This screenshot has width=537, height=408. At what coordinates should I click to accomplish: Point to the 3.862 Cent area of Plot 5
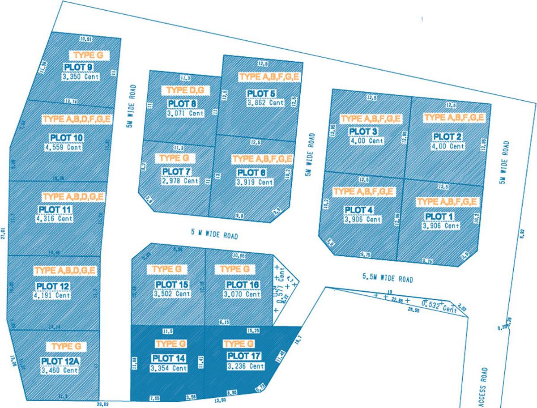[x=265, y=102]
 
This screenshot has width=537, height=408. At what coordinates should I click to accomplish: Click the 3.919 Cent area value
[x=254, y=182]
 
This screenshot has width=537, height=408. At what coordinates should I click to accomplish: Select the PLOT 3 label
[x=363, y=132]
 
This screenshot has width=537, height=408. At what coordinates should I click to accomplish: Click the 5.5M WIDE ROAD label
[x=388, y=278]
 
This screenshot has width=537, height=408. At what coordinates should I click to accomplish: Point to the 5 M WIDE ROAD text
[x=213, y=234]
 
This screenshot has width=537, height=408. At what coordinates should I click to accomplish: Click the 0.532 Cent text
[x=440, y=307]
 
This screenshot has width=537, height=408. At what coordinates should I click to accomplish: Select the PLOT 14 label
[x=169, y=358]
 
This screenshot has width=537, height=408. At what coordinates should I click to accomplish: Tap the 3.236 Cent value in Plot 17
[x=245, y=366]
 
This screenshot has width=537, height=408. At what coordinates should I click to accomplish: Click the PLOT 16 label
[x=242, y=285]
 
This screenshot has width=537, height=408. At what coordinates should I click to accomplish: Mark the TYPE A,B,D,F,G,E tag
[x=77, y=119]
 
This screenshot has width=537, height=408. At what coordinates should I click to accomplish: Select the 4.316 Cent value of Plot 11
[x=54, y=219]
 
